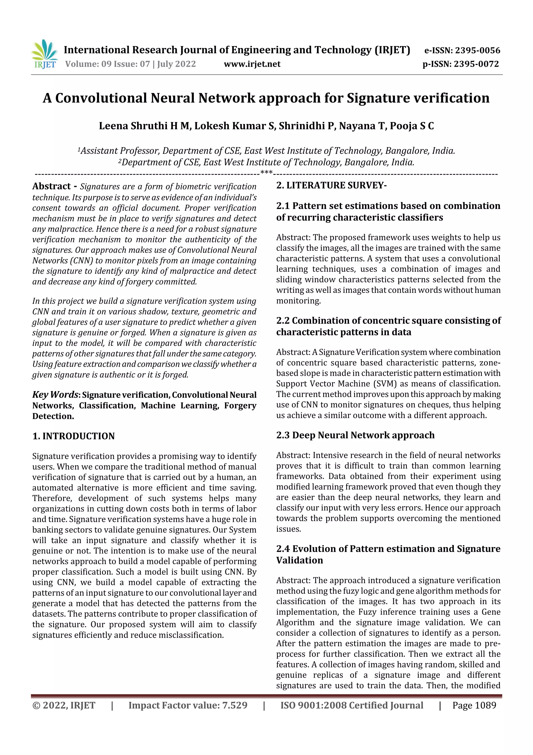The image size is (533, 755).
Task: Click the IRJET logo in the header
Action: (x=44, y=54)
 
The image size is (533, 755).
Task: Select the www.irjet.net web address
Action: (x=252, y=64)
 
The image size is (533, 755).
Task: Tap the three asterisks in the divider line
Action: (x=266, y=172)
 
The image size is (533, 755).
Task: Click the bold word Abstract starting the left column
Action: (x=52, y=186)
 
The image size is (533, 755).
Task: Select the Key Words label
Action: (x=55, y=395)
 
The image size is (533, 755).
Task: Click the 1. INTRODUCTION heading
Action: (x=74, y=436)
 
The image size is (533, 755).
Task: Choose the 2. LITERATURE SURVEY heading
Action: (x=331, y=186)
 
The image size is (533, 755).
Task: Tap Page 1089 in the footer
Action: (x=474, y=705)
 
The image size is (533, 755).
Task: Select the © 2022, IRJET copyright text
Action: (x=64, y=705)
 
